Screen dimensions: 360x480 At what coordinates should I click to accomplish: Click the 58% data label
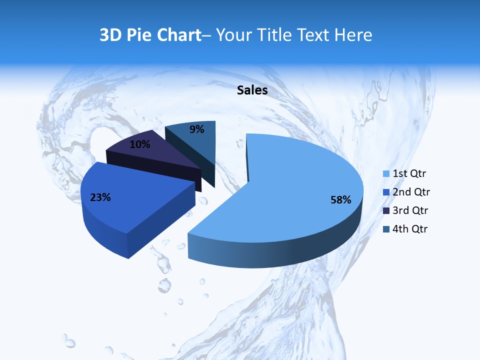coord(340,200)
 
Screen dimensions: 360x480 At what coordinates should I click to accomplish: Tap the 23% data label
coord(100,197)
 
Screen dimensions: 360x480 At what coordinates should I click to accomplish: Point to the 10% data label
coord(139,144)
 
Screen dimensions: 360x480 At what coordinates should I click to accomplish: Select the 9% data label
coord(197,129)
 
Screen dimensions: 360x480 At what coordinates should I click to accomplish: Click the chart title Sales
coord(252,90)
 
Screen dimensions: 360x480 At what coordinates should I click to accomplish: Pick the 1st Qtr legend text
coord(409,173)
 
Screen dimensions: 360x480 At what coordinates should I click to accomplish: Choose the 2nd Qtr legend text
coord(411,192)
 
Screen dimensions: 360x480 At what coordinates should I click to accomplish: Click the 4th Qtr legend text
coord(410,229)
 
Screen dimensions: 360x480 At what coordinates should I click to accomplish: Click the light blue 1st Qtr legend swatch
coord(386,174)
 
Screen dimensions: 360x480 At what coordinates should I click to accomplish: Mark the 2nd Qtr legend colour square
coord(386,192)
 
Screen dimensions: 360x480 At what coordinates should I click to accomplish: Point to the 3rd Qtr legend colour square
coord(386,211)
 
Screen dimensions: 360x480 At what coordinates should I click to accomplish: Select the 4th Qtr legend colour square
coord(386,229)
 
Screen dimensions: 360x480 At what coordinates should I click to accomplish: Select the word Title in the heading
coord(274,35)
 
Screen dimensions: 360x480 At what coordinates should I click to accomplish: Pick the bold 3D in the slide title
coord(111,35)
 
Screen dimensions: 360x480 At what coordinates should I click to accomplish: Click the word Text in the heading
coord(312,35)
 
